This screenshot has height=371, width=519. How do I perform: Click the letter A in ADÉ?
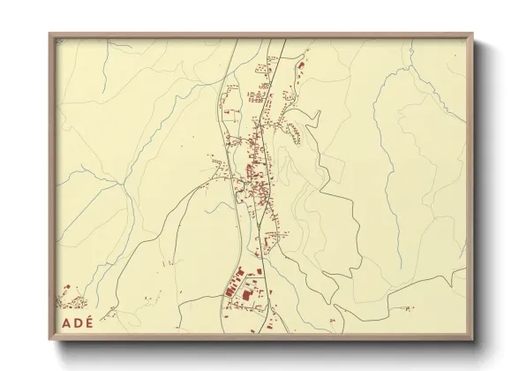[65, 322]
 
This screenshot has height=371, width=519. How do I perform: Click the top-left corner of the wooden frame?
[50, 35]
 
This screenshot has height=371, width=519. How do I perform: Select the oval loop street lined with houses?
[293, 132]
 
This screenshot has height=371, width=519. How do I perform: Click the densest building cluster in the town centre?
[252, 168]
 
